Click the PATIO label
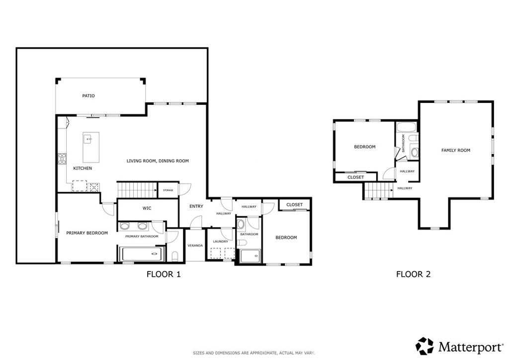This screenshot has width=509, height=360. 88,95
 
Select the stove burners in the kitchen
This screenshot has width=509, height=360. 63,159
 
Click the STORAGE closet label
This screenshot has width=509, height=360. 168,190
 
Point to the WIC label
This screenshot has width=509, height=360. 147,208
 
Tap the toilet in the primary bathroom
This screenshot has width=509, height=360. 174,256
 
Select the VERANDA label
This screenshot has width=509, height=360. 194,246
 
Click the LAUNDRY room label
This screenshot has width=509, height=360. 220,242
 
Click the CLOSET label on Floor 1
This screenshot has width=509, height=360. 295,204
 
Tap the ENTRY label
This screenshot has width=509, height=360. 196,206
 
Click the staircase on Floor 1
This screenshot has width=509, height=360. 137,189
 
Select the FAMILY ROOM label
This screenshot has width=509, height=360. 456,150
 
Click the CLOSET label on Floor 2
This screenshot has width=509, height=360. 355,177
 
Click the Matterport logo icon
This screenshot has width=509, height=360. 425,345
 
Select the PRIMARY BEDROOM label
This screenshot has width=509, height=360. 87,233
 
